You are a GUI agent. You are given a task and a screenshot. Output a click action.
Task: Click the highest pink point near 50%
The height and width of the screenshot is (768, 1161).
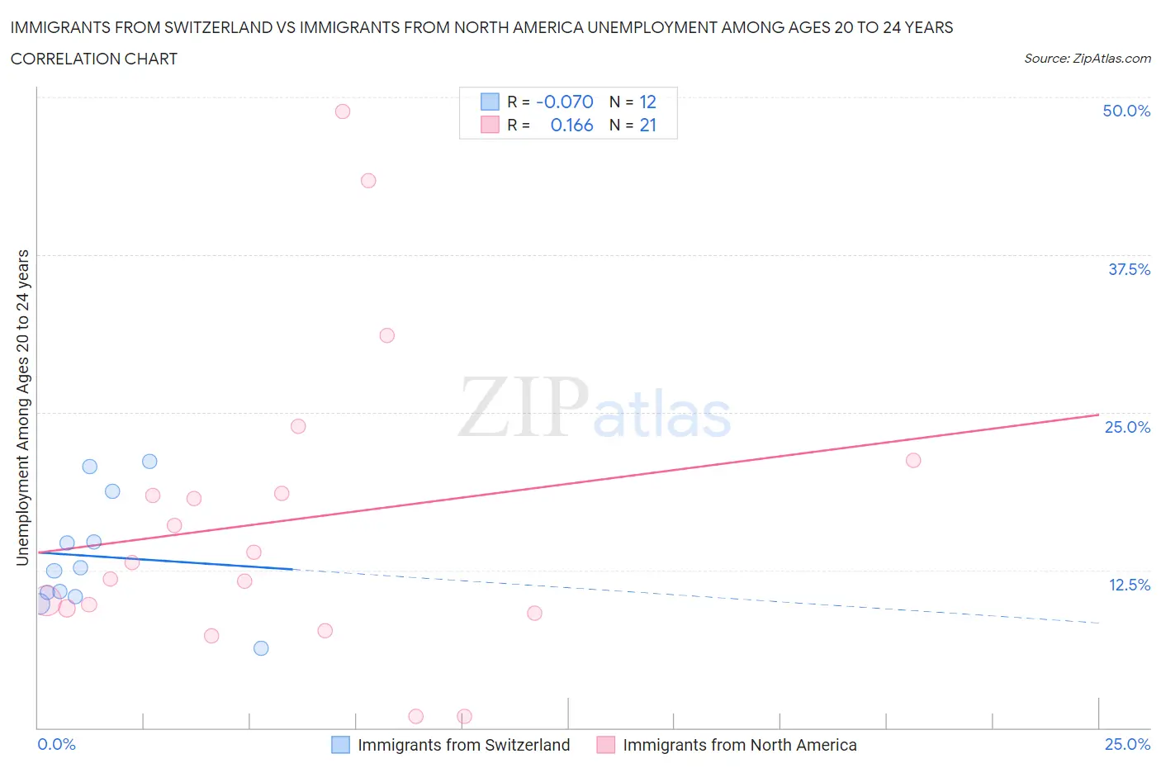coord(343,111)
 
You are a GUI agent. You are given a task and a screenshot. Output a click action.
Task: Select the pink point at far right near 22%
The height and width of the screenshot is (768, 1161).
coord(913,461)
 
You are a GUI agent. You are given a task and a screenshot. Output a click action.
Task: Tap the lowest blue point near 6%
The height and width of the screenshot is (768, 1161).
coord(261,648)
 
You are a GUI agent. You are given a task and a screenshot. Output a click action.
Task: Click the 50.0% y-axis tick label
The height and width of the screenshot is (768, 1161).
coord(1126,111)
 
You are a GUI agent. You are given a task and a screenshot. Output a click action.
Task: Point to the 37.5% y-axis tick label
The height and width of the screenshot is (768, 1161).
coord(1129,269)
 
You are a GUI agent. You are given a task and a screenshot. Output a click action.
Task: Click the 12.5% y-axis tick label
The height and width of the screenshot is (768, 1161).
coord(1129,585)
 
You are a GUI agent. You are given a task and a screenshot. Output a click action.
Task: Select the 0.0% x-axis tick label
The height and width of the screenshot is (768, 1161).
coord(57,744)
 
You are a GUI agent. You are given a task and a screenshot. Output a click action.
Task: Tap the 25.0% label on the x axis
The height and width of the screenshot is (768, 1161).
coord(1127,744)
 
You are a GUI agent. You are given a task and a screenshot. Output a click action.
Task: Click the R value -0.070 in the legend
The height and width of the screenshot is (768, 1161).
coord(565,102)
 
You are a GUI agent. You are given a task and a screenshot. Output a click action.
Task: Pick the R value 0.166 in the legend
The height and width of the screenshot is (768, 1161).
coord(571,125)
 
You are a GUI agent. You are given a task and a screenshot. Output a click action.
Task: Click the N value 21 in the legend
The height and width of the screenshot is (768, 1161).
coord(648,125)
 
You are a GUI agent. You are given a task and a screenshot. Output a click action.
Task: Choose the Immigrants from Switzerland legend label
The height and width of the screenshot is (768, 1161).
coord(463,745)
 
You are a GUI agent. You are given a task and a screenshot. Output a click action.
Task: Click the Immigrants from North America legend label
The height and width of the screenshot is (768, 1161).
coord(739,745)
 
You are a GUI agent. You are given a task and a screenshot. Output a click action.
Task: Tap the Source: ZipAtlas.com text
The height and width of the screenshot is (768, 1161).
coord(1087,58)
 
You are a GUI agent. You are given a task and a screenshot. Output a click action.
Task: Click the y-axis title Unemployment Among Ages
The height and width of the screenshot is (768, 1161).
coord(23,408)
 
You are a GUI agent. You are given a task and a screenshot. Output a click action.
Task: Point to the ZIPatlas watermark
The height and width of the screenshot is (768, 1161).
coord(595,407)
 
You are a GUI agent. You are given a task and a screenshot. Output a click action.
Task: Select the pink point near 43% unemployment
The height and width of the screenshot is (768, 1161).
coord(368,181)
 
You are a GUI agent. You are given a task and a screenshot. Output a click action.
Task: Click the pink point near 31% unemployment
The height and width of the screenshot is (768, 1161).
coord(386,335)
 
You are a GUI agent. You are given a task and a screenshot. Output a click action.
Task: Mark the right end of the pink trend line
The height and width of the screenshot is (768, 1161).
coord(1098,415)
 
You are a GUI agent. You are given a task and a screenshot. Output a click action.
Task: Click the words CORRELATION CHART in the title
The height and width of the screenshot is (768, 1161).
coord(94,59)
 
